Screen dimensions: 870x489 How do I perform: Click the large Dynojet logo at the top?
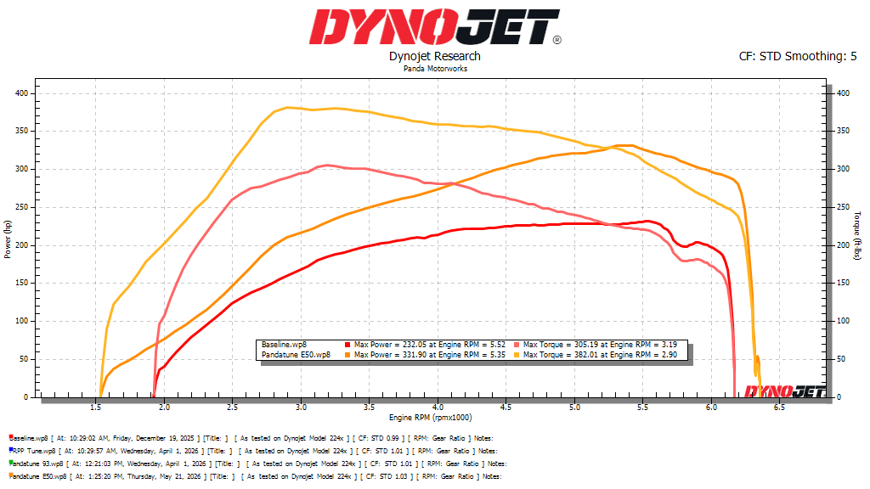[x=435, y=26]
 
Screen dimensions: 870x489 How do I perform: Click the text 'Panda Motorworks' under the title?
[x=435, y=69]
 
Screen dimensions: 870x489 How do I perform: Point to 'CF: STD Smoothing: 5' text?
[x=797, y=56]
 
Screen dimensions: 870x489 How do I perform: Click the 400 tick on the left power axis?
[x=21, y=93]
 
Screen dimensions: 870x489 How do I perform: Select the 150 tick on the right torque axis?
[x=843, y=283]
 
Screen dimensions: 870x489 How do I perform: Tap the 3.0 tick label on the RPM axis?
[x=301, y=407]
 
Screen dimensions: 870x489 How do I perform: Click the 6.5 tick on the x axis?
[x=780, y=407]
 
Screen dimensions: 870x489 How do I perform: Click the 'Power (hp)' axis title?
[x=7, y=239]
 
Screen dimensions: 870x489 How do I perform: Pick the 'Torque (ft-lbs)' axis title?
[x=857, y=236]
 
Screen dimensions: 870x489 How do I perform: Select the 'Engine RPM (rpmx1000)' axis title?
[x=430, y=418]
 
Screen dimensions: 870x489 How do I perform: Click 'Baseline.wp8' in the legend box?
[x=284, y=345]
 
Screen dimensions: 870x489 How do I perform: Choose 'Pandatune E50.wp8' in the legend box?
[x=296, y=355]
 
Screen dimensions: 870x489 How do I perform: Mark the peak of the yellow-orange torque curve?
[x=287, y=108]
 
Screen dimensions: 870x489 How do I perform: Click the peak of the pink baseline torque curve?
[x=326, y=166]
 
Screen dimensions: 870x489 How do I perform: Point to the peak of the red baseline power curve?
[x=646, y=222]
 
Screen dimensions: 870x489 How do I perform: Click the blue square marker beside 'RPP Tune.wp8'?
[x=11, y=450]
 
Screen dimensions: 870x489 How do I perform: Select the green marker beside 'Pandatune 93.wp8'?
[x=11, y=463]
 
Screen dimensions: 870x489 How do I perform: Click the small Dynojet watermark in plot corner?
[x=784, y=391]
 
